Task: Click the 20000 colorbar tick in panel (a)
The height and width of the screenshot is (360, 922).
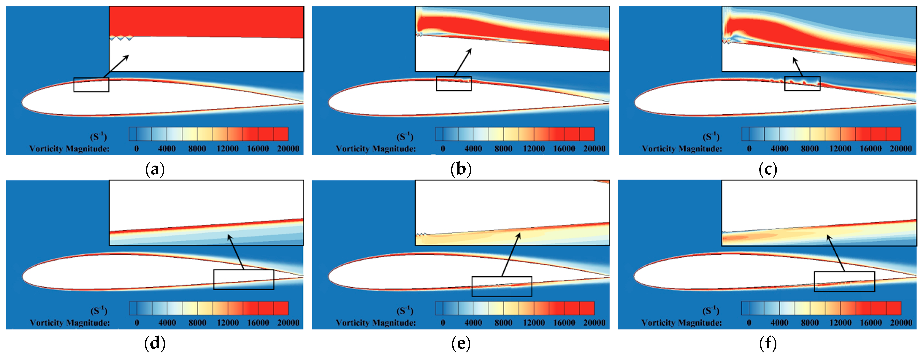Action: [288, 148]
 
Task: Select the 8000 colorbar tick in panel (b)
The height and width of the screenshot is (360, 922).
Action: [503, 148]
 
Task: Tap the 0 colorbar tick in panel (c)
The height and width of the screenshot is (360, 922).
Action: [749, 148]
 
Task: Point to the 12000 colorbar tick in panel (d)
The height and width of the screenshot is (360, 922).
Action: [228, 323]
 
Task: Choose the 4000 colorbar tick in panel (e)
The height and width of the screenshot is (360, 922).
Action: [473, 323]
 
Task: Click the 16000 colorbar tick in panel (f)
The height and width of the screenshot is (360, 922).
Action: [871, 323]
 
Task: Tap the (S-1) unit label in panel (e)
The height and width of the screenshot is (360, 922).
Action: [405, 311]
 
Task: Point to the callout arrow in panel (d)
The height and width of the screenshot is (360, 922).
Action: [236, 252]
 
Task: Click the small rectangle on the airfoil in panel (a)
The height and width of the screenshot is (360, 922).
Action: [91, 85]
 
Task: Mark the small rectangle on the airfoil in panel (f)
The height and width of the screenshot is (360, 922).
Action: [844, 282]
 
